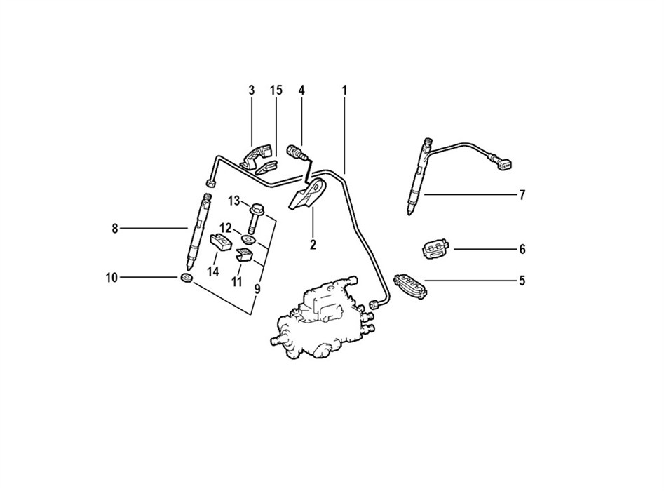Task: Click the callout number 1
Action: (x=344, y=90)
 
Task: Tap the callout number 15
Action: (x=276, y=90)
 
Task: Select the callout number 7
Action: (x=522, y=195)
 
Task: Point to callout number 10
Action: (x=111, y=278)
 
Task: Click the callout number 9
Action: (x=257, y=290)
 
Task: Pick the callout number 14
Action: (x=213, y=271)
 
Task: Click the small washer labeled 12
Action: (x=247, y=240)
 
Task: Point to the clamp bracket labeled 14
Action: (x=221, y=242)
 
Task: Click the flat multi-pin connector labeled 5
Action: (x=411, y=286)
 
